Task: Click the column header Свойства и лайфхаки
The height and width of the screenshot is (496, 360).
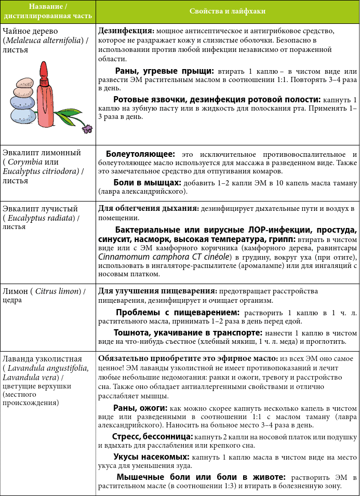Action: click(228, 11)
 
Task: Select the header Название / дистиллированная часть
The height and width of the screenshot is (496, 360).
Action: click(48, 11)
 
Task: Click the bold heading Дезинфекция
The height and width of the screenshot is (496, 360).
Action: click(125, 31)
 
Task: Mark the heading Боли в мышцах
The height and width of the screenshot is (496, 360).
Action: click(147, 183)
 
